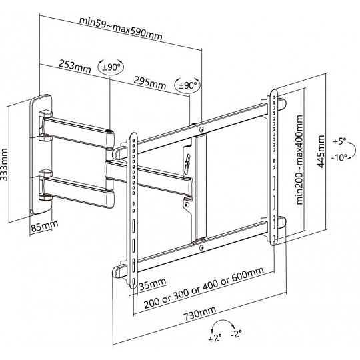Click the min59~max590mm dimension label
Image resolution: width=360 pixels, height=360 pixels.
click(x=121, y=29)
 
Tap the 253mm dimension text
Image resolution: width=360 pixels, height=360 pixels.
click(x=75, y=66)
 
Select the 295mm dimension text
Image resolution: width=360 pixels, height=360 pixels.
click(x=150, y=83)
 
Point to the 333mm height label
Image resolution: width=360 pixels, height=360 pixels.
click(x=4, y=165)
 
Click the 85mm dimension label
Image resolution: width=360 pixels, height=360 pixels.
click(x=44, y=226)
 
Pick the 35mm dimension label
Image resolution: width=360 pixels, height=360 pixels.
click(x=153, y=284)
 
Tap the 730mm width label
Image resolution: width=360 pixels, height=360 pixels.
click(x=200, y=313)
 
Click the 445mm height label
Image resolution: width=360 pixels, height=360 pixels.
click(x=321, y=151)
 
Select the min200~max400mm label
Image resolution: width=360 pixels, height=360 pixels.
click(x=299, y=160)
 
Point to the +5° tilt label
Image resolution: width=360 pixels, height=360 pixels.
click(x=339, y=141)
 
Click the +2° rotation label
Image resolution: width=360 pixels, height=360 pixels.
click(x=215, y=338)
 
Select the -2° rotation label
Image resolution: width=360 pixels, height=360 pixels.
click(x=236, y=333)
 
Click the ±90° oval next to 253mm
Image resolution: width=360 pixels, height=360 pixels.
click(x=111, y=67)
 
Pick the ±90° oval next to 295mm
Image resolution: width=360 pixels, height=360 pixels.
click(x=188, y=85)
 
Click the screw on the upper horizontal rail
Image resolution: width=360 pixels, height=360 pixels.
click(x=201, y=130)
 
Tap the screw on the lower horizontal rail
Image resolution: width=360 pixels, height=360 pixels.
click(x=201, y=247)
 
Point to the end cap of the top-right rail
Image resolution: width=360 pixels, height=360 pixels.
click(x=282, y=104)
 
